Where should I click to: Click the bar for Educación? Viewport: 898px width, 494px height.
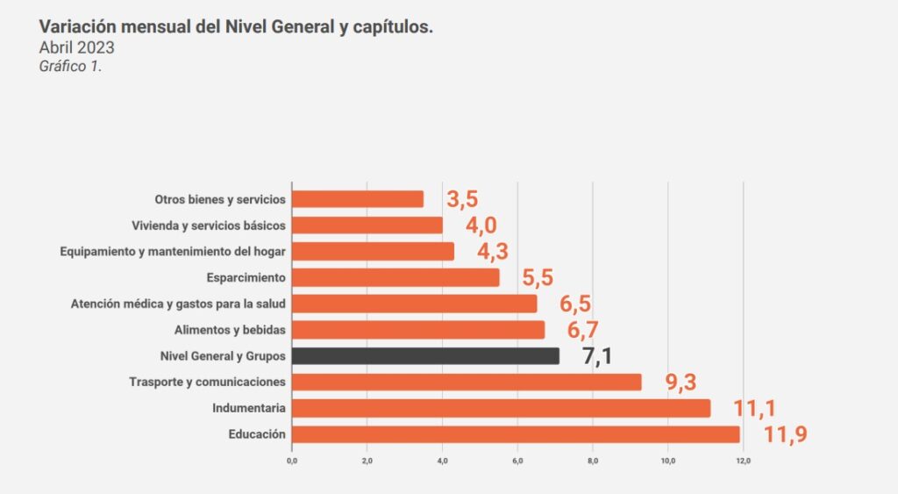516,434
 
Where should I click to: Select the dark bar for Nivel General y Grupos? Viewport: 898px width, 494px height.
425,356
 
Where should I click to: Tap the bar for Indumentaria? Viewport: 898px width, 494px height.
501,408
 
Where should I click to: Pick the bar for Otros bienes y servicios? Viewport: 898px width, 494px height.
358,199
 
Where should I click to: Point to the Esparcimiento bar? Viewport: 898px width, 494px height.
396,277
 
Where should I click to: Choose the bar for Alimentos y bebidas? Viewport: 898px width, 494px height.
418,330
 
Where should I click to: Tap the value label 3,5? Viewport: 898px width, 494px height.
463,199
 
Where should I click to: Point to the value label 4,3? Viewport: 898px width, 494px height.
494,252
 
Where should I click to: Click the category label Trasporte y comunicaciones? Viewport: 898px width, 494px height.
207,383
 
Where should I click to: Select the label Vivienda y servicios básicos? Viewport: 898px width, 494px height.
208,226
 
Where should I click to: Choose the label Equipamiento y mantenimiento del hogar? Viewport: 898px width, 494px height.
173,252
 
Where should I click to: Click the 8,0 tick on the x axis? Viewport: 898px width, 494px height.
593,460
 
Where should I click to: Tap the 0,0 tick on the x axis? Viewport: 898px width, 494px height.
292,460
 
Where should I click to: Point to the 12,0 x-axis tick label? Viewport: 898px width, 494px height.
743,460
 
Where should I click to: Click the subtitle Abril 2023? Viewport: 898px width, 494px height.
76,47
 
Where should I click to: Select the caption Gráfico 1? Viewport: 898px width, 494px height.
70,66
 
